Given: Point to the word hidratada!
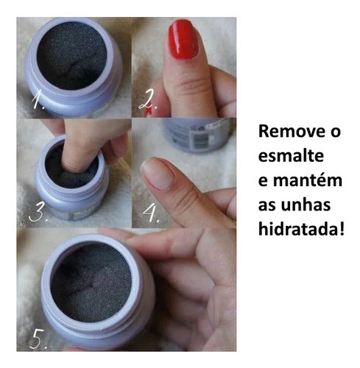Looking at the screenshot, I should coord(300,228).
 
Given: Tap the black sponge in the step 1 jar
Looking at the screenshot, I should coord(72,55).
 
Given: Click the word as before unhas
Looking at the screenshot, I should coord(267,204).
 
